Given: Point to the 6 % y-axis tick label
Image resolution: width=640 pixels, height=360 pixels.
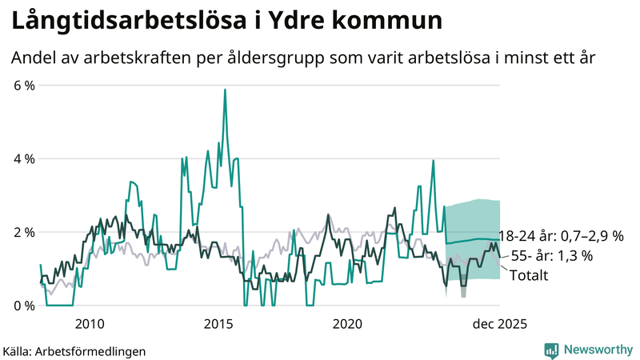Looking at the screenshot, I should pos(25,86).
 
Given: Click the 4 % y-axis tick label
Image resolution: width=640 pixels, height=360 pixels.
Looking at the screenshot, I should pos(25,159).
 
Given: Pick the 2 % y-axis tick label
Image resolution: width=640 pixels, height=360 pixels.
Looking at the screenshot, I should pos(25,232).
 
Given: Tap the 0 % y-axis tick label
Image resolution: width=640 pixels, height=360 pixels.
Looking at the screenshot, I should pos(25,306).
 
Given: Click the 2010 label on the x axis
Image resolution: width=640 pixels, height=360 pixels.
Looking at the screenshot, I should pos(89,323).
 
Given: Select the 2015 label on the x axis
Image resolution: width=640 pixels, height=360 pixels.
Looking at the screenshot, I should pos(218,323).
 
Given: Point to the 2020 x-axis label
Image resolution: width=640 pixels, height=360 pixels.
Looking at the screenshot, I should pos(347,323).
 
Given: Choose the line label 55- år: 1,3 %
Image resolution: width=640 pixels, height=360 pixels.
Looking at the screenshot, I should pos(551,256).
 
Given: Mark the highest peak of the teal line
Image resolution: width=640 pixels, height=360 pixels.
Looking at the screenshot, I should pos(225,90).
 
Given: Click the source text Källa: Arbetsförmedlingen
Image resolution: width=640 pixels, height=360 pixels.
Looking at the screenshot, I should pos(74,350).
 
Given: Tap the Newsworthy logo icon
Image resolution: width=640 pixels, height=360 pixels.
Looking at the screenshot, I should pos(551,350).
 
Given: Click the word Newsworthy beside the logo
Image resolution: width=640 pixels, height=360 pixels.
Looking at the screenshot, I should pos(598,350).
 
